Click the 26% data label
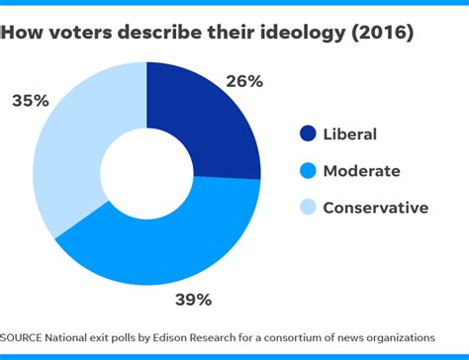coord(242,82)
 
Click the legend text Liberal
coord(351,134)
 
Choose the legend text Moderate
coord(362,171)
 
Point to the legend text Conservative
coord(376,208)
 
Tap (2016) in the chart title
coord(381,33)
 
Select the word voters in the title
coord(81,33)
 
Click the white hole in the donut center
coord(146,171)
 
